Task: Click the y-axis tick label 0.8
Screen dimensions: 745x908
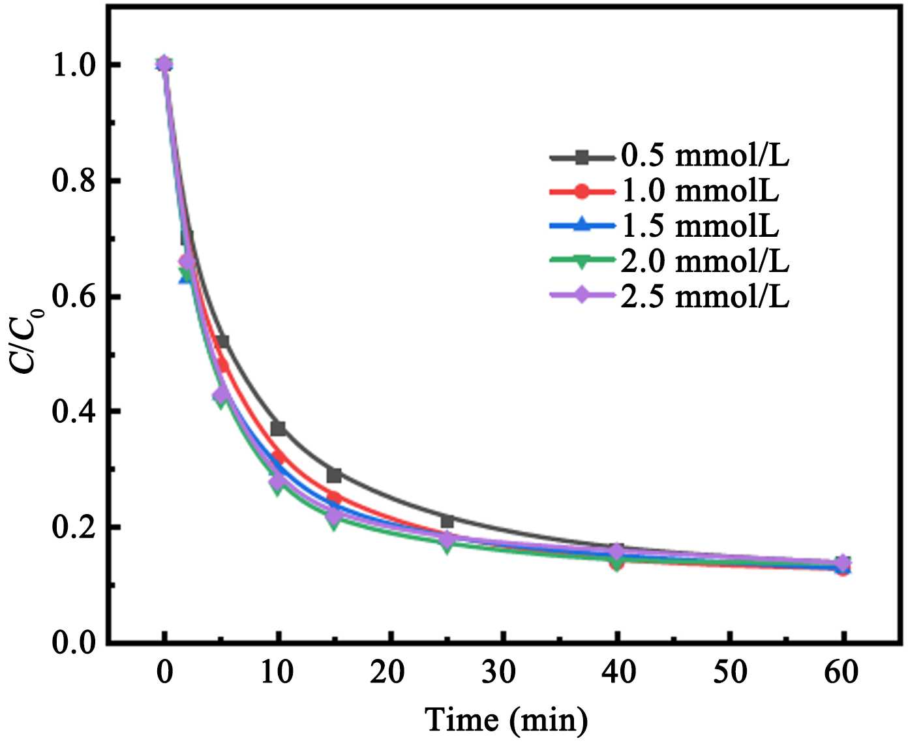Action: coord(73,181)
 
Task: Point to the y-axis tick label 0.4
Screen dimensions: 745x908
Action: coord(73,412)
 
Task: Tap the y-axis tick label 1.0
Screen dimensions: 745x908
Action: coord(73,65)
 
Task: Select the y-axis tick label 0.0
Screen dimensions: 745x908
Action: coord(73,643)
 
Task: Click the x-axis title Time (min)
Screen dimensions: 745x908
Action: coord(506,720)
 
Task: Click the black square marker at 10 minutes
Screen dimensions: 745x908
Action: coord(279,429)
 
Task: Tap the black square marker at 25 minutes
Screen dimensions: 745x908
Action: coord(447,521)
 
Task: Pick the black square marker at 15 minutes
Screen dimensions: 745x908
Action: coord(335,476)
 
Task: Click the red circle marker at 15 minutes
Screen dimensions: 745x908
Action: coord(335,496)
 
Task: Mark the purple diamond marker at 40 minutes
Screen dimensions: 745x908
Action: coord(616,552)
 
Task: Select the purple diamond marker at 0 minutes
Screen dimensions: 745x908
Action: coord(164,64)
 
